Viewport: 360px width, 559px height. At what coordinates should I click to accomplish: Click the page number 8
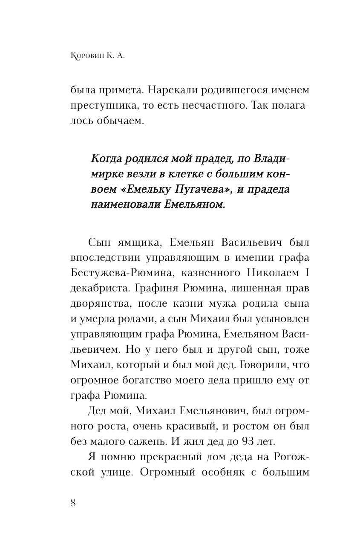(x=72, y=503)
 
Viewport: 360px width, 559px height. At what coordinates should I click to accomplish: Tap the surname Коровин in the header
(x=88, y=56)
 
